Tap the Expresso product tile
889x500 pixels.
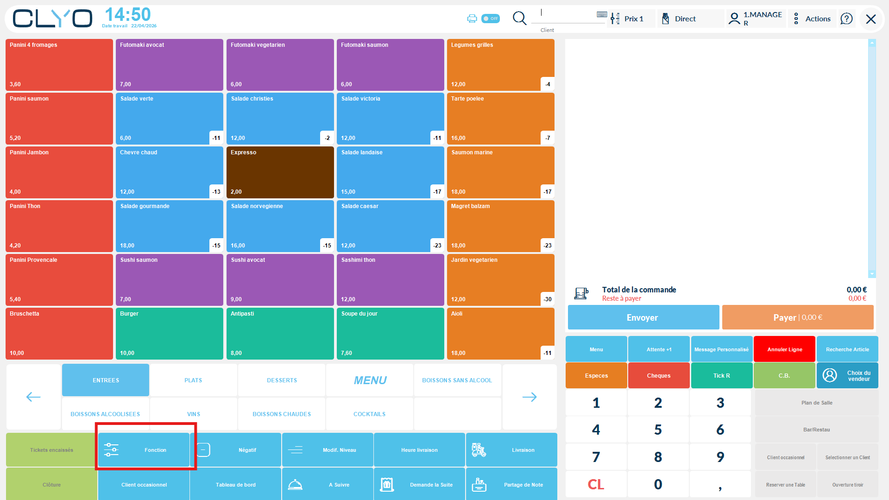280,172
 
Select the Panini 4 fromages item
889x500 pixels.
59,64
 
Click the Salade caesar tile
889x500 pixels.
390,226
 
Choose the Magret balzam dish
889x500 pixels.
500,226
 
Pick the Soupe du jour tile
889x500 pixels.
390,333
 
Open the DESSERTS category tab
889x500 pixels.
282,380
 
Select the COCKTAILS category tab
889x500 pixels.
369,414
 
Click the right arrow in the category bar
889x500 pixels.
529,397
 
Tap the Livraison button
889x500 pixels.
511,450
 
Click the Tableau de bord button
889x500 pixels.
235,485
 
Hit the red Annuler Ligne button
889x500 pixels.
784,349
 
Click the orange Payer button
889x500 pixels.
797,317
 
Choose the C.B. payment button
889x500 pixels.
784,375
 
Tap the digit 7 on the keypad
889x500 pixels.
596,457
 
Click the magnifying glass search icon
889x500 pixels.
519,19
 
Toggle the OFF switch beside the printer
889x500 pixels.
490,19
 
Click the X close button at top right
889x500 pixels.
870,19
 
